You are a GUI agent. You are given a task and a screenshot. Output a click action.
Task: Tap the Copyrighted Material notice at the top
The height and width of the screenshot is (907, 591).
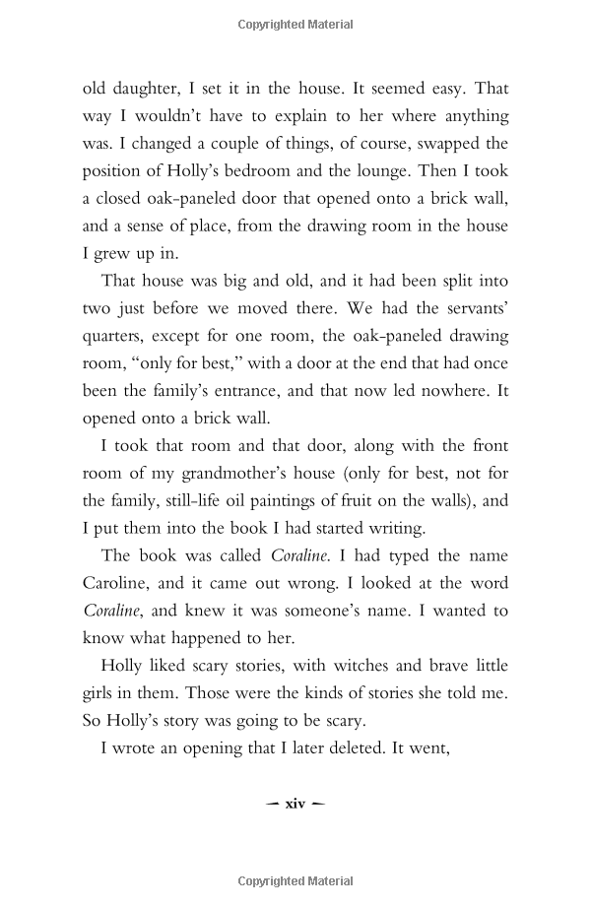295,25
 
